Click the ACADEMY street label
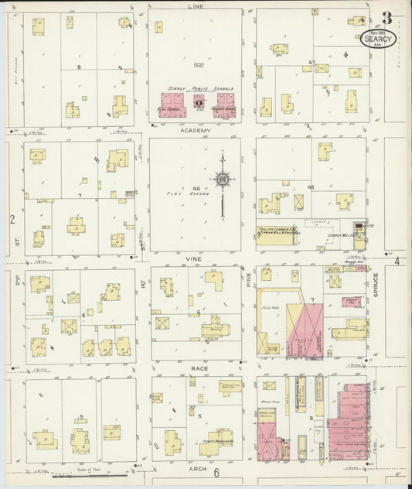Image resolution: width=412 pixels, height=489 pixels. coord(195,131)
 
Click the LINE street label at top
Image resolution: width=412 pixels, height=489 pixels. coord(195,5)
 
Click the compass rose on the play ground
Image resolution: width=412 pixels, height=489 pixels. coord(223,181)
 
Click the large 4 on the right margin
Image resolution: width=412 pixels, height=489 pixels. coord(397,262)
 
